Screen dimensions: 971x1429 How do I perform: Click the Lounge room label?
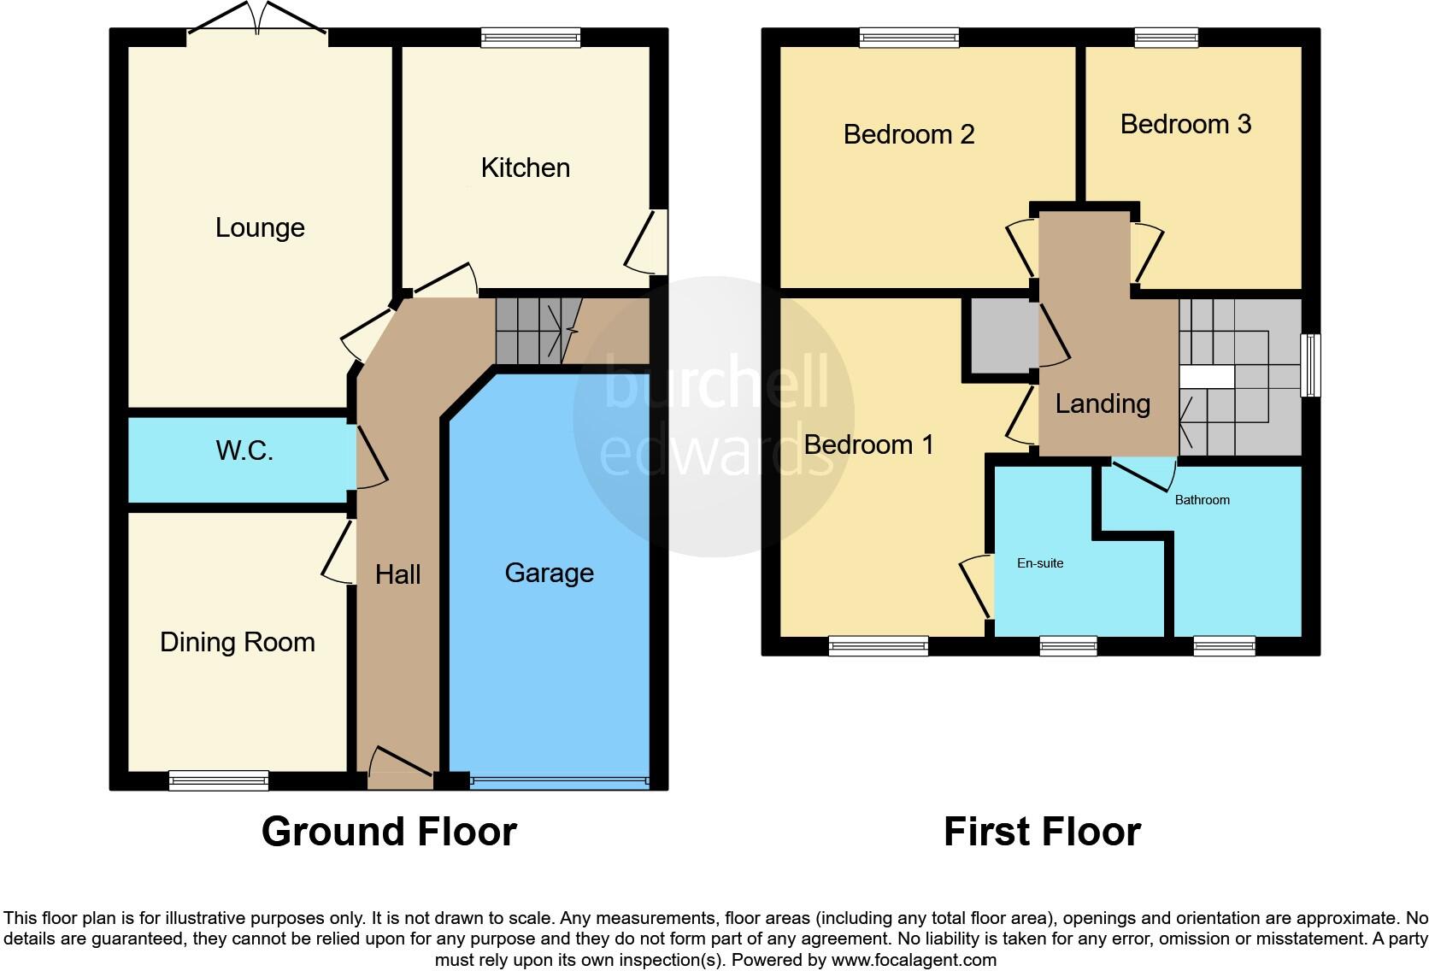260,227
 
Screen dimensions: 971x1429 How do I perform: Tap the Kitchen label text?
525,168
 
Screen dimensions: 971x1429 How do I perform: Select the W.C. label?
244,450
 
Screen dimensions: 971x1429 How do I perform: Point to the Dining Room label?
238,642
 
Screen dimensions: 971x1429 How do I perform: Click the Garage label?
549,573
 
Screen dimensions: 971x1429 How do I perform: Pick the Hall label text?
397,574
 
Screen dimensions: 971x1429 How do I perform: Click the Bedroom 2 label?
909,134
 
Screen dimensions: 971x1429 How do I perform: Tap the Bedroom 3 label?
1185,124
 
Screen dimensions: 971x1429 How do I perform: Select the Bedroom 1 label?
868,444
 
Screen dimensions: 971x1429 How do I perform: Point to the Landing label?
1103,403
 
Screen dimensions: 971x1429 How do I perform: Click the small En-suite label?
1040,563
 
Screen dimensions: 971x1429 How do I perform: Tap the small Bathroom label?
1202,500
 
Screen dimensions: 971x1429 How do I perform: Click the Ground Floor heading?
389,832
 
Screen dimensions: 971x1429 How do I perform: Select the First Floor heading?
1042,832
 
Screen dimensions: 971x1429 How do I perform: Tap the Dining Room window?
219,780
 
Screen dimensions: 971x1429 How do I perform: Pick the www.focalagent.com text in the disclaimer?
914,960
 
